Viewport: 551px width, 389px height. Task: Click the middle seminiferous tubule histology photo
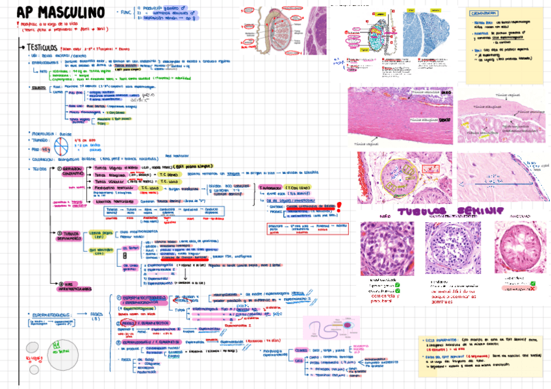point(452,247)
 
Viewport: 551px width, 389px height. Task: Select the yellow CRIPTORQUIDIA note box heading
point(487,13)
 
